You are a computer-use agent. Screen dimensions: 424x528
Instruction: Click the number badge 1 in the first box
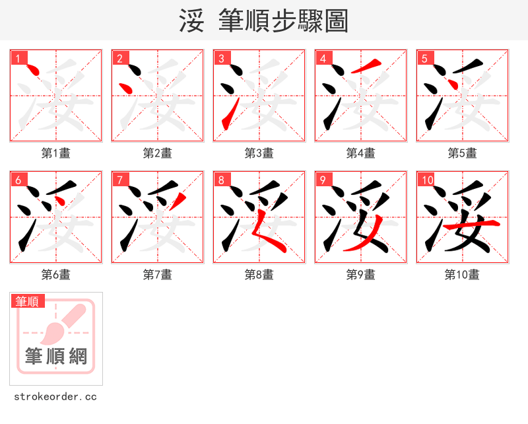[18, 58]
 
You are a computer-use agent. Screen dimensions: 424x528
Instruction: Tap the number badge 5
[424, 58]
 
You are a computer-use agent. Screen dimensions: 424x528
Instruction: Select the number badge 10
[426, 180]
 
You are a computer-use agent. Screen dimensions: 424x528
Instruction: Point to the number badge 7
[119, 180]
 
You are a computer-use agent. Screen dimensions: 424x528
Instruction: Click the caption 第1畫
[56, 153]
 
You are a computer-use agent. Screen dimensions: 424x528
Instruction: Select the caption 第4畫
[361, 153]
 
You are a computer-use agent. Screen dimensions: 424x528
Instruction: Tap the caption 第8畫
[259, 275]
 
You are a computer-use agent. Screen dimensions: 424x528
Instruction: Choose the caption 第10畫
[462, 275]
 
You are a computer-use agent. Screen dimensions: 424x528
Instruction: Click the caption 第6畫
[56, 275]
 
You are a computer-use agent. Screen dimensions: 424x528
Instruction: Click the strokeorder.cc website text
[55, 397]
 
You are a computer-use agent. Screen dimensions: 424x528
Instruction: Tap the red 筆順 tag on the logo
[28, 301]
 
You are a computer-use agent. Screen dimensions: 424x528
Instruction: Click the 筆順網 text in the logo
[56, 357]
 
